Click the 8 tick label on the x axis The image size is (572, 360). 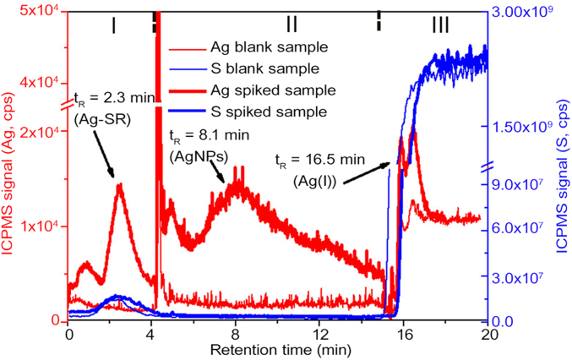pos(234,334)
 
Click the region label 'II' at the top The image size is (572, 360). pos(291,25)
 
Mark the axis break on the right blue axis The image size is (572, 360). pos(489,167)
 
